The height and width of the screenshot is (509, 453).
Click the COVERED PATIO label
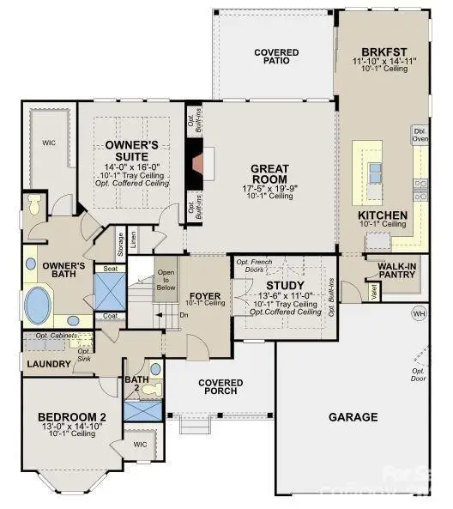tap(276, 57)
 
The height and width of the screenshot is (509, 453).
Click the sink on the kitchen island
tap(375, 173)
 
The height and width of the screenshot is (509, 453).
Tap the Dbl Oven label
tap(419, 135)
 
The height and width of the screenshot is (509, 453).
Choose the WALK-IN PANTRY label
tap(402, 270)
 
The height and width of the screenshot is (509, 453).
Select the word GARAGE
tap(353, 417)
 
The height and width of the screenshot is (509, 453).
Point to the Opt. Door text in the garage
tap(419, 372)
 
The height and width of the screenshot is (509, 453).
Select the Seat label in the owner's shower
tap(111, 269)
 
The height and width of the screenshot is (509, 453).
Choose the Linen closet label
tap(132, 236)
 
